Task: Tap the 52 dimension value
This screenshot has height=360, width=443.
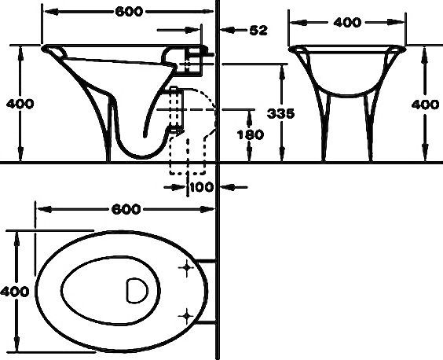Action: [x=257, y=31]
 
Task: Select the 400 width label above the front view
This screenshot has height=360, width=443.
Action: [x=346, y=23]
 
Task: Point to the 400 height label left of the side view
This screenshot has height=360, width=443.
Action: [x=19, y=104]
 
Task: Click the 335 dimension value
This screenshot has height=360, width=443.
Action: [x=280, y=114]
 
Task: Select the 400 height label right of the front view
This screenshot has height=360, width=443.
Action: [x=425, y=104]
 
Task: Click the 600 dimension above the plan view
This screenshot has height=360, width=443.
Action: [x=126, y=209]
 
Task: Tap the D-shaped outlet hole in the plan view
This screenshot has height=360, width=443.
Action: [x=136, y=291]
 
